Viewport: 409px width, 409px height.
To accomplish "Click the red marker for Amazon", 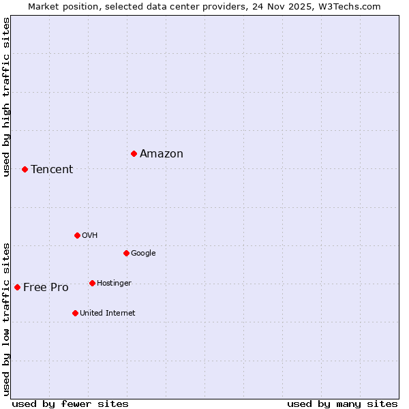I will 134,153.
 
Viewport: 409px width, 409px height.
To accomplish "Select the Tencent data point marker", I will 25,169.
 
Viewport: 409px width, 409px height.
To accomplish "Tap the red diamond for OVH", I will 77,235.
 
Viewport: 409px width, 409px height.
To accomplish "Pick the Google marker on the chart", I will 126,253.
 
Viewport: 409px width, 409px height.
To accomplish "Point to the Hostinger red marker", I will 92,283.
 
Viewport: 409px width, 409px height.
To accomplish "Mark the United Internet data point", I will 75,313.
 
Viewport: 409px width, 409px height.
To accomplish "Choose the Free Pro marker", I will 17,287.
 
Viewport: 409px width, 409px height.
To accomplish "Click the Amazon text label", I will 162,154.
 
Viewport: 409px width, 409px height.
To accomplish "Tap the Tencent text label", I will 52,170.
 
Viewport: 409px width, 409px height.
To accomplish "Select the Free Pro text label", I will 46,288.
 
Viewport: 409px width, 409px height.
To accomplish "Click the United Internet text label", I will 107,314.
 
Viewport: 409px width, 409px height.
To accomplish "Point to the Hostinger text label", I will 114,284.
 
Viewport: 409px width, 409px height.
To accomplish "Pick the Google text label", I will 143,254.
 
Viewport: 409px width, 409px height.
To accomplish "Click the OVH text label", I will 89,236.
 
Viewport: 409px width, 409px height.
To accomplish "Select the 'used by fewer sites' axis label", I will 70,404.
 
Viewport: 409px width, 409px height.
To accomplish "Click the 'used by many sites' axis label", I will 342,404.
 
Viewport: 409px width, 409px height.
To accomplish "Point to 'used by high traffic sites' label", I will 6,97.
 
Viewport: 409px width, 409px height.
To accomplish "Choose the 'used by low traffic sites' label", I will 6,318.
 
